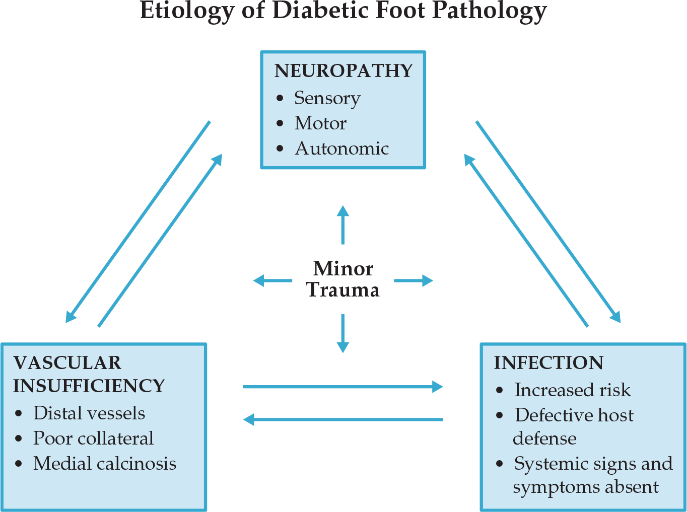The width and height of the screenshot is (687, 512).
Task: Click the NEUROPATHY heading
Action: point(343,71)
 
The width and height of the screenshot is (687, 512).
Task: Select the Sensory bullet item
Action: point(327,98)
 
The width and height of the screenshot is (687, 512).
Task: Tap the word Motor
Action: point(320,123)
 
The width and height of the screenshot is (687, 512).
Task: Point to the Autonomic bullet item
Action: point(341,149)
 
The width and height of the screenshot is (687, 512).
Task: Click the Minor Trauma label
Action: point(343,279)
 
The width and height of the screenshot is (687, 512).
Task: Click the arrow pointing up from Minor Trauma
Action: point(343,225)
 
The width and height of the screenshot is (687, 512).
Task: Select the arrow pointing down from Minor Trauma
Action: point(343,333)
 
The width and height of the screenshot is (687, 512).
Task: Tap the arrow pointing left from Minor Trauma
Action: point(272,280)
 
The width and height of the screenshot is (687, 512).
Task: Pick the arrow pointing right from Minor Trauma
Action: point(413,280)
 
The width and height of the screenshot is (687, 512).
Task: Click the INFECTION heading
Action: point(548,363)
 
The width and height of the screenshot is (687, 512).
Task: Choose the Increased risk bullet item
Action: point(572,390)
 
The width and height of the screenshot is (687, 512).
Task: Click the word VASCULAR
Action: point(67,363)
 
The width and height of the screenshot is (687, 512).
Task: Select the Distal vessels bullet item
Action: point(89,413)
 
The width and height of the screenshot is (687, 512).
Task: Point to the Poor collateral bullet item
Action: point(93,438)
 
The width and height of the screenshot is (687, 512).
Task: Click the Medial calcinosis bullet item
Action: point(105,464)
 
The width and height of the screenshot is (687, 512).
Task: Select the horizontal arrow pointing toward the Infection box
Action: point(342,387)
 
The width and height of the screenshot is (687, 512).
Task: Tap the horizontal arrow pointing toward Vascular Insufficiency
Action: point(342,419)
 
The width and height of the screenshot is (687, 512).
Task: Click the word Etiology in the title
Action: point(187,11)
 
